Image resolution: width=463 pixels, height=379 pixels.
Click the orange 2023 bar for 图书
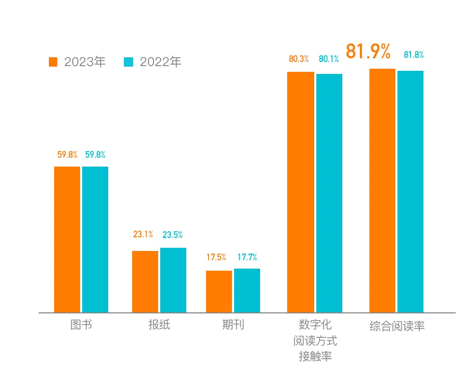67,239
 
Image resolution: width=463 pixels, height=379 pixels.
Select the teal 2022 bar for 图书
95,239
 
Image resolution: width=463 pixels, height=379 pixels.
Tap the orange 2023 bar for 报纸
145,282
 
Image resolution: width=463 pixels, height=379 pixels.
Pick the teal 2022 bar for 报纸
173,280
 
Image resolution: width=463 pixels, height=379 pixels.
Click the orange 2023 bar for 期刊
219,292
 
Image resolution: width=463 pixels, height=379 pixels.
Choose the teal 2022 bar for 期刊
247,290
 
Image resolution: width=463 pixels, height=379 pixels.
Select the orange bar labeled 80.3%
301,192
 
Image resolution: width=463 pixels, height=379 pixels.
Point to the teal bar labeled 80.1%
329,193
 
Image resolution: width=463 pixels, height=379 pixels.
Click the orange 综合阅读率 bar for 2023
382,191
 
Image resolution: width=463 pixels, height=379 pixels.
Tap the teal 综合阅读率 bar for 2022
410,192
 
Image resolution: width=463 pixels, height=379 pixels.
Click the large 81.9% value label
368,52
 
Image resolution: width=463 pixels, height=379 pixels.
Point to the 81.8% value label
414,55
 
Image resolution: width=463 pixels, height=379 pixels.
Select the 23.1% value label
143,234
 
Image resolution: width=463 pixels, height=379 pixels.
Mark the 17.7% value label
247,257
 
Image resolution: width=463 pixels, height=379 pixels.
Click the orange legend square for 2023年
53,62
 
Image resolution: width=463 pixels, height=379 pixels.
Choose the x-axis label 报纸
159,325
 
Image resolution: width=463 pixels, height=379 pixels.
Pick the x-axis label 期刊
233,325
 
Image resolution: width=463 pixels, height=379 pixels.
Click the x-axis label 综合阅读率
397,326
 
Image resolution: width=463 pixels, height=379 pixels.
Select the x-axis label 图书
81,325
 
